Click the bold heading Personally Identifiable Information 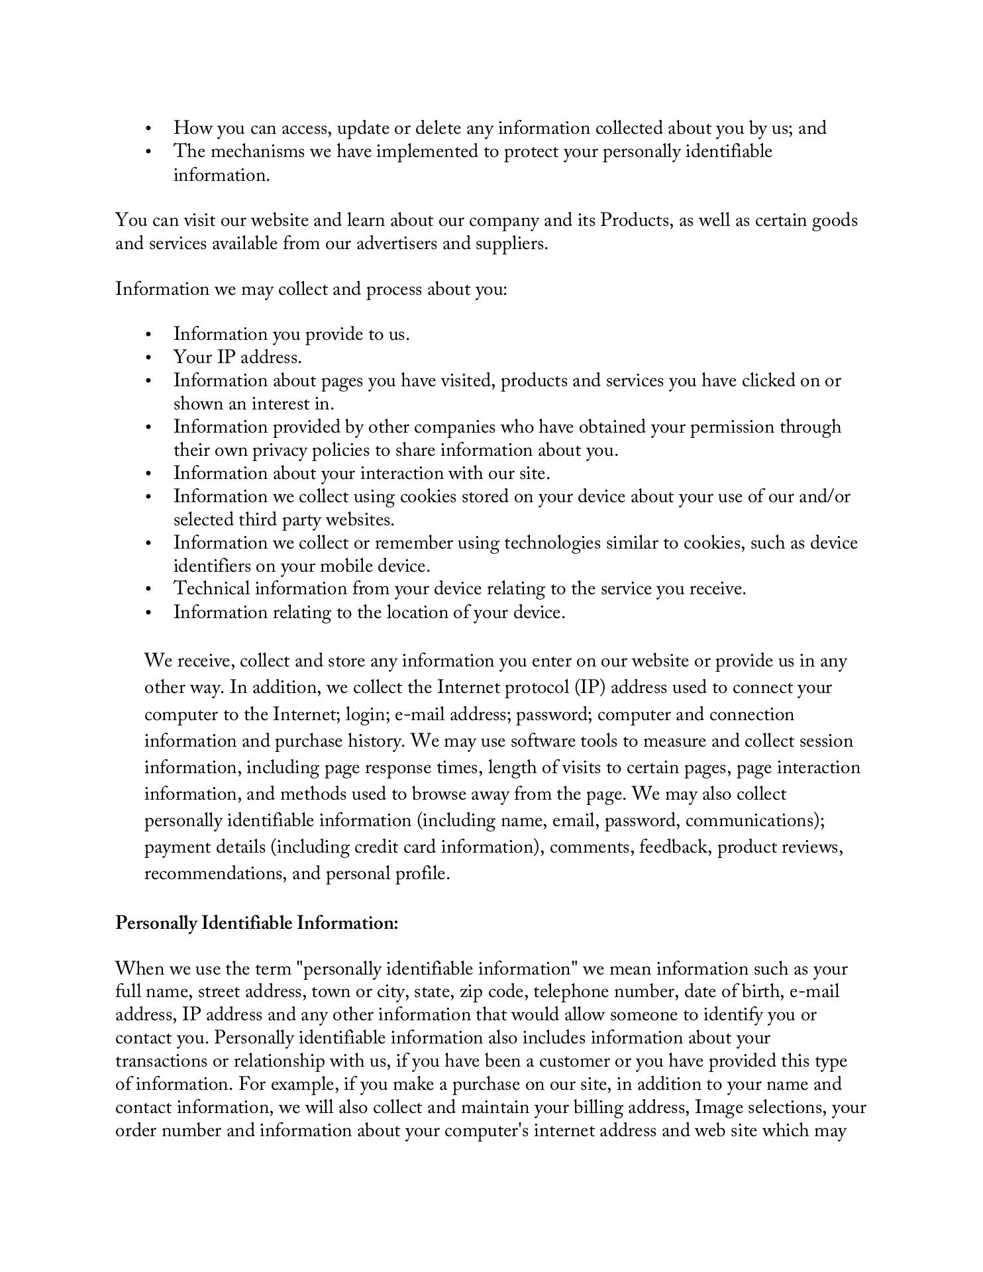coord(257,923)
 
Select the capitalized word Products coord(635,220)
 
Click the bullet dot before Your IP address coord(148,358)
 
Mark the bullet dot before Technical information coord(148,589)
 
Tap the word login coord(364,715)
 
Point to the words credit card coord(395,847)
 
